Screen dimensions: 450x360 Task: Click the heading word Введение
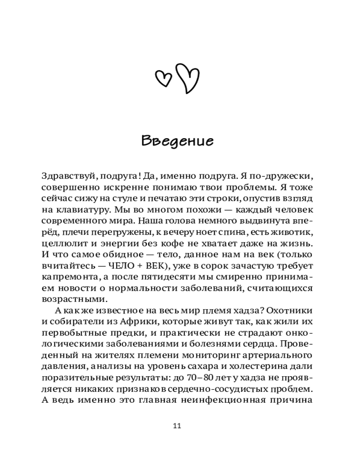tap(177, 140)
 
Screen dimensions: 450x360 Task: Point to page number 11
tap(177, 426)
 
